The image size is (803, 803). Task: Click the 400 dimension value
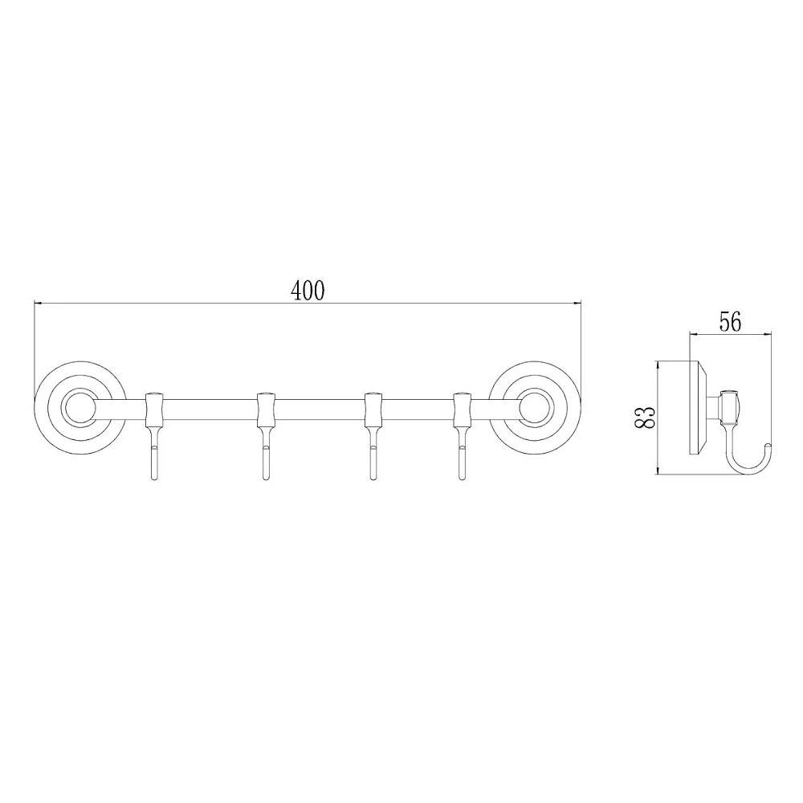[308, 291]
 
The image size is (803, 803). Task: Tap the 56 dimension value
[730, 322]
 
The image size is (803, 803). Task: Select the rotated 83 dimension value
[646, 417]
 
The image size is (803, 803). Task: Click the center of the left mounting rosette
[79, 408]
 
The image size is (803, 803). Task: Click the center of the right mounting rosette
[535, 408]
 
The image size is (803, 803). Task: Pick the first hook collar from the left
[154, 410]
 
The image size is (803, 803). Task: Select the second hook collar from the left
[265, 410]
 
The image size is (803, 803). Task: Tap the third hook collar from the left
[373, 410]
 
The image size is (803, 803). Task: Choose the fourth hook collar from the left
[463, 410]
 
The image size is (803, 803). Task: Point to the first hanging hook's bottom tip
[154, 479]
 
